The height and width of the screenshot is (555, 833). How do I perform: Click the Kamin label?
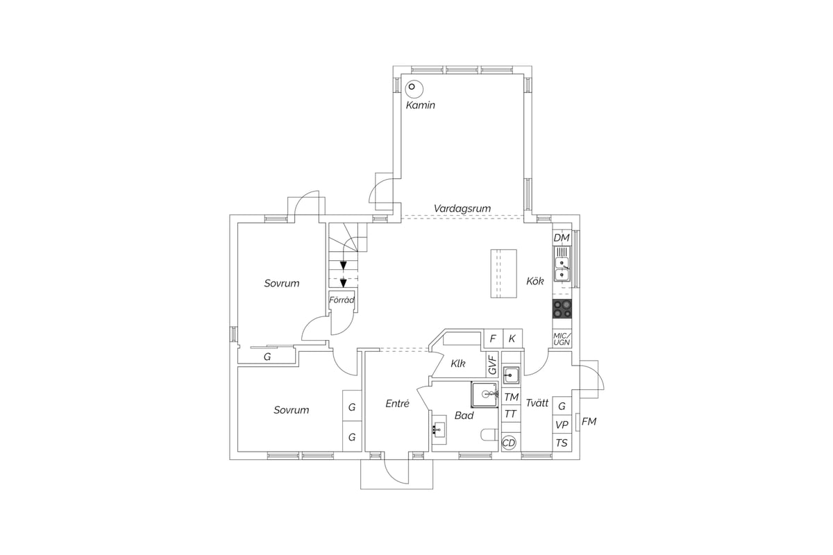click(420, 105)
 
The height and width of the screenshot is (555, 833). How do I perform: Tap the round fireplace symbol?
click(414, 89)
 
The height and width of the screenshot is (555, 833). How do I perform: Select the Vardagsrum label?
click(462, 209)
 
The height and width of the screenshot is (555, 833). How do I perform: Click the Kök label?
click(535, 281)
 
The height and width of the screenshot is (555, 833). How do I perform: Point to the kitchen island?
click(503, 273)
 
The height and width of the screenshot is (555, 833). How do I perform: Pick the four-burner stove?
click(562, 309)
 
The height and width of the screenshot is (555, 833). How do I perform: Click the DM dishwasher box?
click(562, 238)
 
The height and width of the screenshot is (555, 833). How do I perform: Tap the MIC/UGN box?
click(562, 339)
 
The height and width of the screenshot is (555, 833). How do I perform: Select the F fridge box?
click(493, 339)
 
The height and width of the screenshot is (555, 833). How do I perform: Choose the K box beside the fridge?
click(512, 339)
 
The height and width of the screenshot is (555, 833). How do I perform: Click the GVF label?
click(492, 364)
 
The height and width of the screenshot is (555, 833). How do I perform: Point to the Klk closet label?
click(457, 364)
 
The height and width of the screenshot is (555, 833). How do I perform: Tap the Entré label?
click(397, 403)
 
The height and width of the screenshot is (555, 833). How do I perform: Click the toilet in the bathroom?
click(489, 435)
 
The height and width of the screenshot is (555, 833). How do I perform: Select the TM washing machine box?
click(512, 398)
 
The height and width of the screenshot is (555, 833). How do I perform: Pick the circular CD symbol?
click(509, 443)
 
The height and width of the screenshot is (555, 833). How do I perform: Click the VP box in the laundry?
click(562, 425)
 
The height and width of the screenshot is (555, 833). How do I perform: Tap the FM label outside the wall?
click(589, 422)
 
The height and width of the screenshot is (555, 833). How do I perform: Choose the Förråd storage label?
click(342, 300)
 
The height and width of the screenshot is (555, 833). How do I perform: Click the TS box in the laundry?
click(562, 443)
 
